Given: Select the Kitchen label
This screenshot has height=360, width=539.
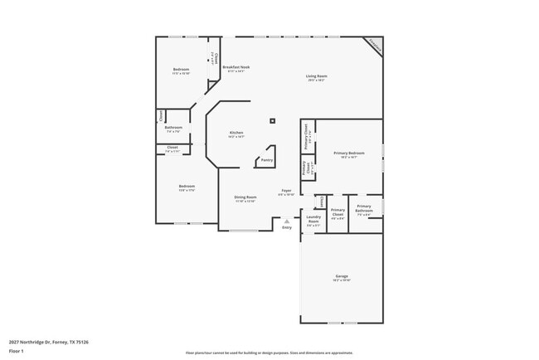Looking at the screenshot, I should click(236, 133).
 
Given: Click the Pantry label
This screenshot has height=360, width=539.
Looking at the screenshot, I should click(266, 159).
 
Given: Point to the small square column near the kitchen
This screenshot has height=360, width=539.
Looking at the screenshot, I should click(272, 121).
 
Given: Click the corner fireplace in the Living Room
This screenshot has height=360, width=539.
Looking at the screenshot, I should click(374, 46).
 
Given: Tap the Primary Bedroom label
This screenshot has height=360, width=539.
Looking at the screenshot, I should click(349, 153).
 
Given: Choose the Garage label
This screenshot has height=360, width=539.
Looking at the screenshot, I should click(341, 276).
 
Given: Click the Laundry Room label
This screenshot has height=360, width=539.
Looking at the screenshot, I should click(313, 220).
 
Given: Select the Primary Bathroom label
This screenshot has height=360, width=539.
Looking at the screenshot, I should click(364, 208).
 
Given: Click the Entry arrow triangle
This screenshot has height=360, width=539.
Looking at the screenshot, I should click(287, 221).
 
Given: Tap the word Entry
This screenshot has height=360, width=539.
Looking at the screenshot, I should click(287, 227).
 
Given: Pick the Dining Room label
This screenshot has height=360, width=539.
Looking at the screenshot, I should click(245, 197).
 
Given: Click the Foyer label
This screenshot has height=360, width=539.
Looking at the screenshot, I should click(286, 191).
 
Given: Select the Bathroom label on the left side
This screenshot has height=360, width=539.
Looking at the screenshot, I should click(173, 128).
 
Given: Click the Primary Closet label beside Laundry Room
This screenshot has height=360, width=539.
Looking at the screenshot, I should click(337, 212).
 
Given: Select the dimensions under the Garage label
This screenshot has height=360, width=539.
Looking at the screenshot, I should click(341, 280).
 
